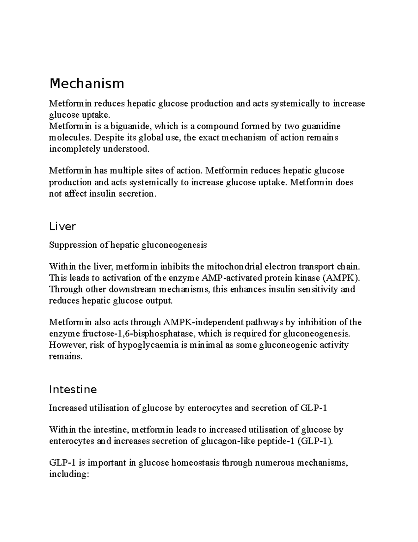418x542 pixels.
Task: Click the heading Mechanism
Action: [x=87, y=84]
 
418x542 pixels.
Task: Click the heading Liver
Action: [x=62, y=227]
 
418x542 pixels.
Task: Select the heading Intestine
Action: [x=73, y=389]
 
